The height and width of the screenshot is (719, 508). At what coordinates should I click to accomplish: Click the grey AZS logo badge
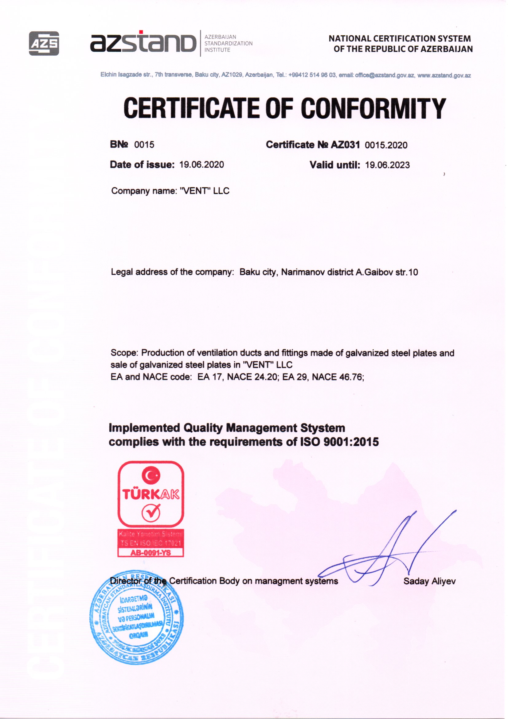[44, 44]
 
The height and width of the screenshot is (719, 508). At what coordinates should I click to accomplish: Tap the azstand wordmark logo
[143, 43]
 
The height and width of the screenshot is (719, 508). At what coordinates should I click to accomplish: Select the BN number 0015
[145, 145]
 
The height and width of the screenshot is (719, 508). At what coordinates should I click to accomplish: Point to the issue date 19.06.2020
[202, 165]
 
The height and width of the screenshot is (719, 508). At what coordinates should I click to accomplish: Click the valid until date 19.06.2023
[388, 165]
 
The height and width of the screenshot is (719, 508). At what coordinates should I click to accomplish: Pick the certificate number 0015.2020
[386, 145]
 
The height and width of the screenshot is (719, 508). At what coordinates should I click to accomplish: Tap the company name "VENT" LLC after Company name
[205, 191]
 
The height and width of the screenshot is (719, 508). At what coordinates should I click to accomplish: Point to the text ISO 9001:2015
[339, 442]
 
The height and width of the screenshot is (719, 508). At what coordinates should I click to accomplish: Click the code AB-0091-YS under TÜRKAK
[151, 553]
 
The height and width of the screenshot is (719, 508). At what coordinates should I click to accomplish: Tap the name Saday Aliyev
[429, 582]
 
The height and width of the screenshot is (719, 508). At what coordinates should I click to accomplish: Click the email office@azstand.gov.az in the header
[385, 75]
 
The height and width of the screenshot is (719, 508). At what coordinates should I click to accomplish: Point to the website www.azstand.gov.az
[444, 75]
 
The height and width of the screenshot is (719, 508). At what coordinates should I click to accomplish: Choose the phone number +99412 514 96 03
[312, 75]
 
